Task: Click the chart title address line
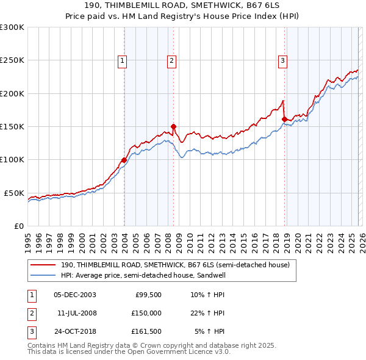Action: coord(183,6)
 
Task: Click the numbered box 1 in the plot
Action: coord(123,60)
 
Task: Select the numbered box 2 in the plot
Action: coord(171,60)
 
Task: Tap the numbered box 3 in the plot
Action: coord(283,60)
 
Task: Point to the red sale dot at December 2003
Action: coord(124,160)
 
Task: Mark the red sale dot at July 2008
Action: coord(173,126)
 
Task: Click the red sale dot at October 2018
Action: coord(284,119)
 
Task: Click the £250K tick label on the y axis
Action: coord(12,60)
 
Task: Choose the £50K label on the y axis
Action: coord(15,193)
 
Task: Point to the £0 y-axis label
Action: coord(20,226)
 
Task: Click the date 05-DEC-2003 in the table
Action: coord(74,294)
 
